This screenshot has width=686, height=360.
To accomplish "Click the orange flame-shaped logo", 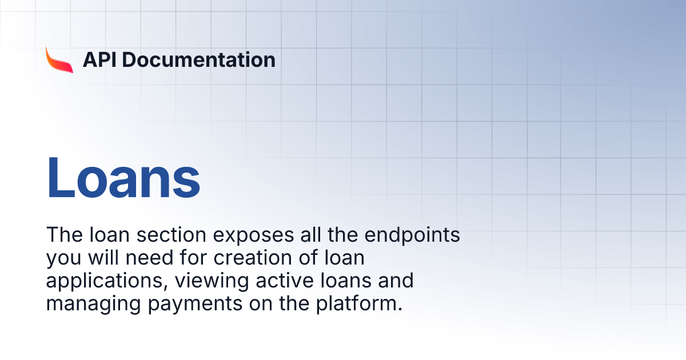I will [x=59, y=59].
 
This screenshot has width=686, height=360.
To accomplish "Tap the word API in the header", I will [x=99, y=59].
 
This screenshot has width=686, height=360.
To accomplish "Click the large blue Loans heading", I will [x=123, y=177].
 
